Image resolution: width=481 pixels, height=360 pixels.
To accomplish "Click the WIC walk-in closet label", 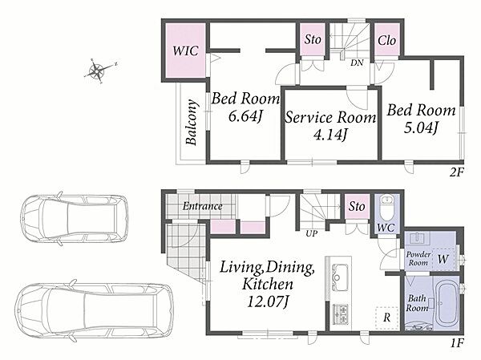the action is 185,51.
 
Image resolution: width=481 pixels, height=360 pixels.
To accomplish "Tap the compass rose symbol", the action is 98,71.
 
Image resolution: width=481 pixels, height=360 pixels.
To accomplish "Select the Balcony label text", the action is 192,122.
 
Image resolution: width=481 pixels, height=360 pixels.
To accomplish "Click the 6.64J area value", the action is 246,116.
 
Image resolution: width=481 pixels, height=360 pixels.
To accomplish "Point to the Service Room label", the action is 330,118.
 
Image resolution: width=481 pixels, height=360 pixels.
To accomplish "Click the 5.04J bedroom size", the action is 421,127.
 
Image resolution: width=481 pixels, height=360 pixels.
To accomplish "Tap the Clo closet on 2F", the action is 386,40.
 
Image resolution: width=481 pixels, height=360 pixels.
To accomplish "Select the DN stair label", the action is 357,63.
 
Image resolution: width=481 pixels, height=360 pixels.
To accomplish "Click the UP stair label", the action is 311,233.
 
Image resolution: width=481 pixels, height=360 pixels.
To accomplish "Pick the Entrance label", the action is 203,206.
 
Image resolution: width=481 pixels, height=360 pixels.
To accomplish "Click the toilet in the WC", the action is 386,207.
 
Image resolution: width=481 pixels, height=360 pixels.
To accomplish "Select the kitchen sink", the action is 338,277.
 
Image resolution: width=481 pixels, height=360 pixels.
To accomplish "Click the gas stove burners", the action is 341,314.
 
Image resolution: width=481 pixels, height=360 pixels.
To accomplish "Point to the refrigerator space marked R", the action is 387,318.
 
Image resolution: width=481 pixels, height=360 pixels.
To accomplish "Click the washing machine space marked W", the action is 443,259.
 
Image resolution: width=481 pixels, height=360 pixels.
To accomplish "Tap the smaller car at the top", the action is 75,219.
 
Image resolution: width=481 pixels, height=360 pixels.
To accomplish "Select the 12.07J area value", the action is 268,302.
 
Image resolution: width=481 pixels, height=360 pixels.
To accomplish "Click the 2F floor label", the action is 456,172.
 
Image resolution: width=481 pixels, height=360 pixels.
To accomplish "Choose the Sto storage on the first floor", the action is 357,206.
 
